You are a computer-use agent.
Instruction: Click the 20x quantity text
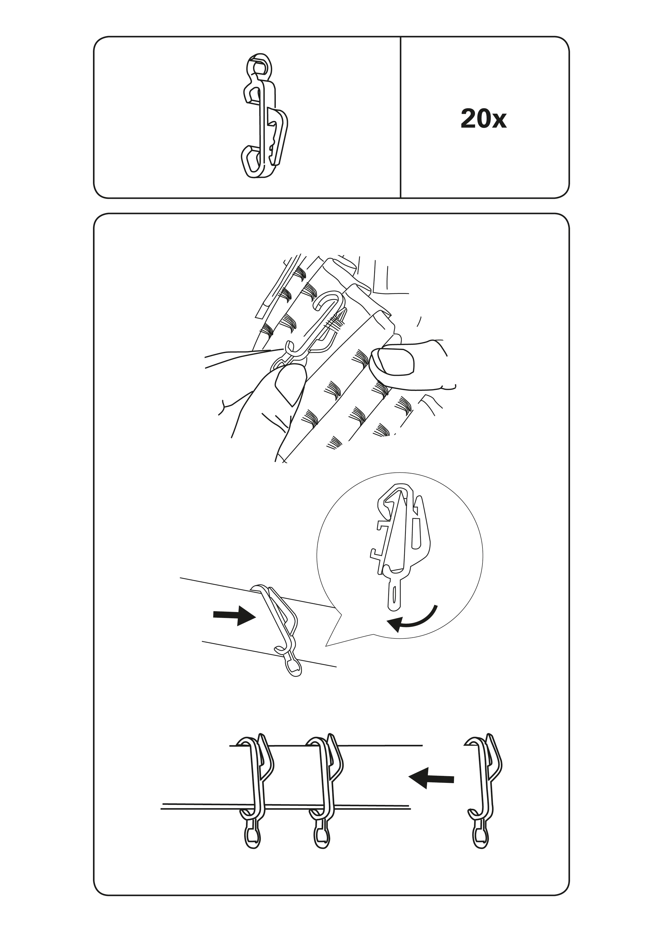483,119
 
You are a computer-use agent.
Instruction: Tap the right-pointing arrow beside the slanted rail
234,626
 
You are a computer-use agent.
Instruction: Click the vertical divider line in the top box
400,118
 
